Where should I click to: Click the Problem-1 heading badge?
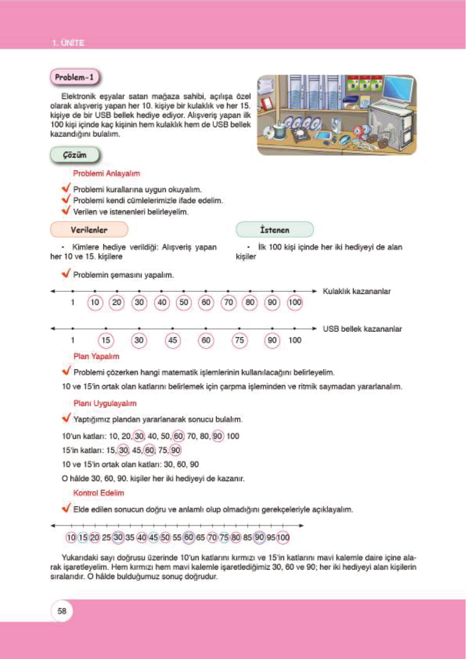tap(74, 77)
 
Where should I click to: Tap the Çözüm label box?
tap(74, 155)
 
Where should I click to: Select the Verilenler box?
tap(89, 230)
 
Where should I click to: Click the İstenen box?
tap(274, 230)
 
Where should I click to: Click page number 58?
tap(62, 611)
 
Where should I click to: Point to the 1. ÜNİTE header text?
tap(68, 43)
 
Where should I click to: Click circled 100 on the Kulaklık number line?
tap(295, 302)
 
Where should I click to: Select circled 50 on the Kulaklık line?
tap(184, 302)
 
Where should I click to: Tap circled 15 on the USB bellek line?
tap(106, 340)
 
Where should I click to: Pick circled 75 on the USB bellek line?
tap(239, 340)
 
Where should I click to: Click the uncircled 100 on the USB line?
tap(295, 340)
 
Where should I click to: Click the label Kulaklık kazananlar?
tap(356, 291)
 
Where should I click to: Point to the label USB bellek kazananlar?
tap(362, 329)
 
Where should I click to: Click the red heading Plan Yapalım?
tap(96, 356)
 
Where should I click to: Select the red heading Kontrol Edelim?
tap(99, 493)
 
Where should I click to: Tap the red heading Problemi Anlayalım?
tap(106, 173)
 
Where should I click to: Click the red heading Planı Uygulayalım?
tap(105, 403)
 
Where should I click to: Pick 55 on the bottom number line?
tap(177, 538)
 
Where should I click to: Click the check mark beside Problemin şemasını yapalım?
tap(66, 273)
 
